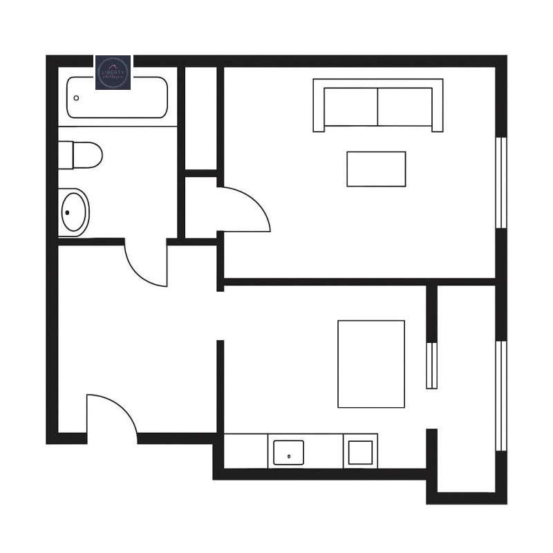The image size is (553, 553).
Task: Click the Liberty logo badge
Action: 113,73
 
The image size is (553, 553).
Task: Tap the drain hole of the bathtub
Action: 76,98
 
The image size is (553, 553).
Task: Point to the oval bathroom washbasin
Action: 73,212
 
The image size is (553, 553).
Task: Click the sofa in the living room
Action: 378,105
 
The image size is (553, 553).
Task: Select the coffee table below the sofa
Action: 376,169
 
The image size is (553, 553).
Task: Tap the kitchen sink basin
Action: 288,453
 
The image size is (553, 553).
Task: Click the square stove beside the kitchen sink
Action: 362,451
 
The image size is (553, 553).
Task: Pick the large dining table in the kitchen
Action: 371,364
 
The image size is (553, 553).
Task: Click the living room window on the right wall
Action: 503,183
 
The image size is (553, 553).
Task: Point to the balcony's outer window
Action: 503,394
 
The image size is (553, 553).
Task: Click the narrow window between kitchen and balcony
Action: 431,365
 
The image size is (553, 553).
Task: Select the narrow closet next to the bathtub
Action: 201,118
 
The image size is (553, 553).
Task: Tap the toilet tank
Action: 65,154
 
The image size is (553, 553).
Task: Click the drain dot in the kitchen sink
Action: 288,458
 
